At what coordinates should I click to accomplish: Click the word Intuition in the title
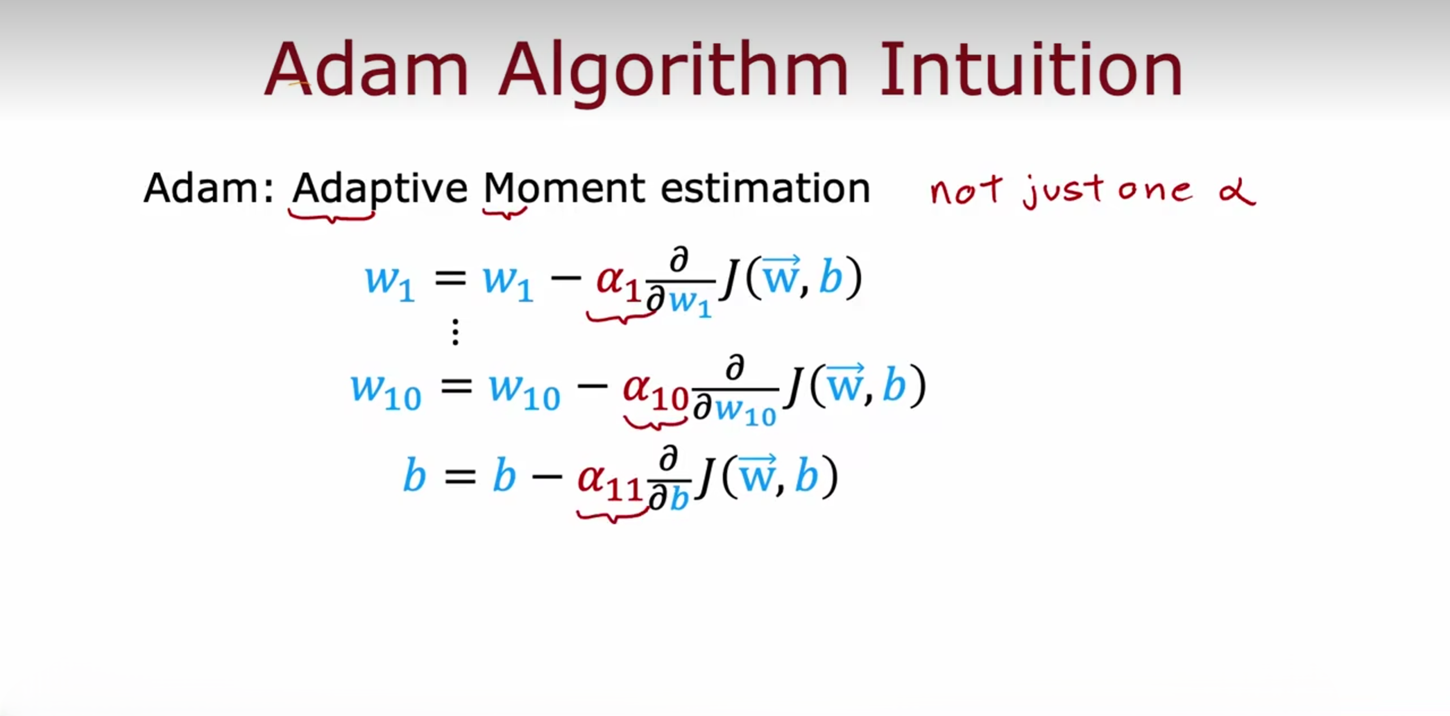(x=1031, y=69)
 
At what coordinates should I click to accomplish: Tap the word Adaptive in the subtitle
(x=379, y=189)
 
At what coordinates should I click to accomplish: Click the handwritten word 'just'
(x=1063, y=191)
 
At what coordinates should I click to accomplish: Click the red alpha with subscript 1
(x=618, y=283)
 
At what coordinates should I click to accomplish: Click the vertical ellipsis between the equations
(x=455, y=332)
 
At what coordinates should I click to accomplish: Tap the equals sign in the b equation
(x=460, y=477)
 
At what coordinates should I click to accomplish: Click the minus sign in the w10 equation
(x=592, y=387)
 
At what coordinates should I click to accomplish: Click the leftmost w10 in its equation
(x=386, y=391)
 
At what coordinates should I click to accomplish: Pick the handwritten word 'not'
(x=966, y=191)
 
